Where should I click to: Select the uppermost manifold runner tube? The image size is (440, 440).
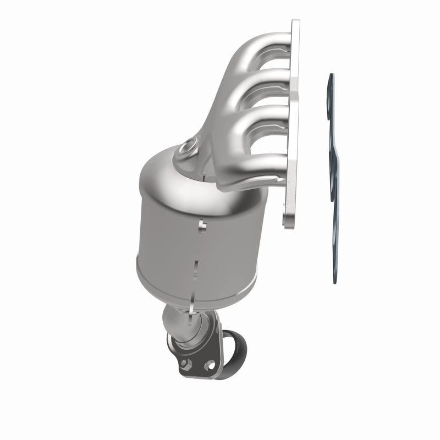pos(258,44)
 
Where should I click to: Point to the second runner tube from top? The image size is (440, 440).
pos(258,77)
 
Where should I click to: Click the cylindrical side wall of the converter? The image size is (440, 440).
pos(165,237)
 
